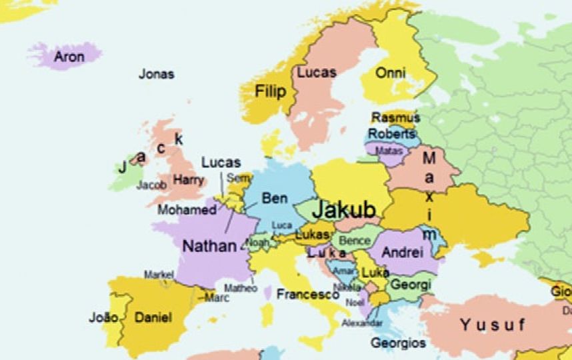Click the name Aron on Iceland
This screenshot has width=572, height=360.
click(x=69, y=57)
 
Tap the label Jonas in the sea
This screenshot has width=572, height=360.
click(x=156, y=74)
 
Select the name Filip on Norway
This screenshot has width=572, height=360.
click(x=270, y=92)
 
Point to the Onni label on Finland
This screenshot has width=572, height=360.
click(x=391, y=73)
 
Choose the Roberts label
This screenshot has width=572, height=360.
click(x=391, y=133)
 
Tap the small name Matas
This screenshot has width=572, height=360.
click(x=390, y=151)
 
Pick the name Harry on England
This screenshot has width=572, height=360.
click(x=189, y=179)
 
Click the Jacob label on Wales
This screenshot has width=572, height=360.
click(x=152, y=185)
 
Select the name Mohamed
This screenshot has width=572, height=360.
click(x=187, y=210)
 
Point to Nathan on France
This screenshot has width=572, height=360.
click(x=209, y=245)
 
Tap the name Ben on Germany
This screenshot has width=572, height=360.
click(x=275, y=198)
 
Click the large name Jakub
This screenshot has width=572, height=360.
click(x=344, y=209)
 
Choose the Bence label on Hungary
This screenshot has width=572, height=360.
click(x=355, y=240)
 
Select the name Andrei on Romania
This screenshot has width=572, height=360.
click(x=402, y=253)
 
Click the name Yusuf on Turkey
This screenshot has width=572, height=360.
click(x=492, y=325)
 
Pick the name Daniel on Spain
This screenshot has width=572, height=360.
click(x=153, y=317)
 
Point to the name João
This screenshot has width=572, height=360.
click(x=103, y=317)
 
